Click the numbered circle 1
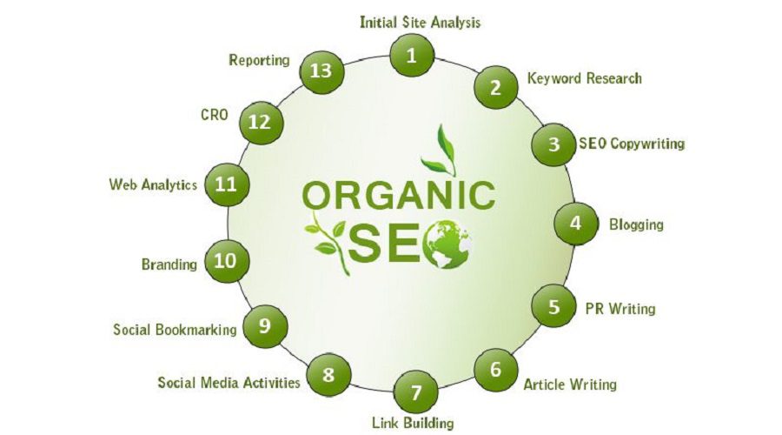tap(412, 55)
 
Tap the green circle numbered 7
tap(416, 392)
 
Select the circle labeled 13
tap(321, 71)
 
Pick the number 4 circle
tap(576, 224)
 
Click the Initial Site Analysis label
tap(420, 23)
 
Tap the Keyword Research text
tap(585, 78)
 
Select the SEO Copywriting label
tap(632, 144)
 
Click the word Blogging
tap(636, 224)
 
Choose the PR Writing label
tap(620, 309)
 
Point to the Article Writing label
tap(570, 384)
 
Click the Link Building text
tap(413, 423)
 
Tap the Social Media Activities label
tap(229, 383)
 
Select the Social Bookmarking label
tap(175, 330)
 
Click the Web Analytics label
tap(153, 184)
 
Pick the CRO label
tap(215, 115)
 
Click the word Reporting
tap(259, 60)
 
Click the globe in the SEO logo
tap(447, 244)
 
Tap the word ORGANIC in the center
tap(399, 196)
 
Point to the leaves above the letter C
tap(440, 151)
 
